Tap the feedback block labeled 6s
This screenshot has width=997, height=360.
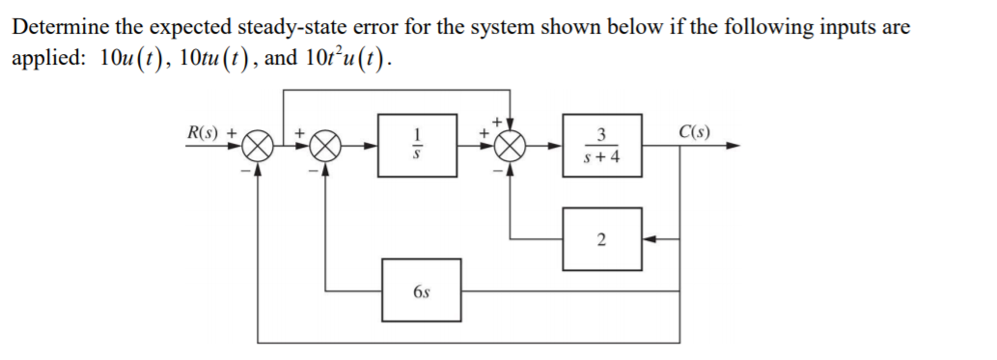(421, 290)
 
